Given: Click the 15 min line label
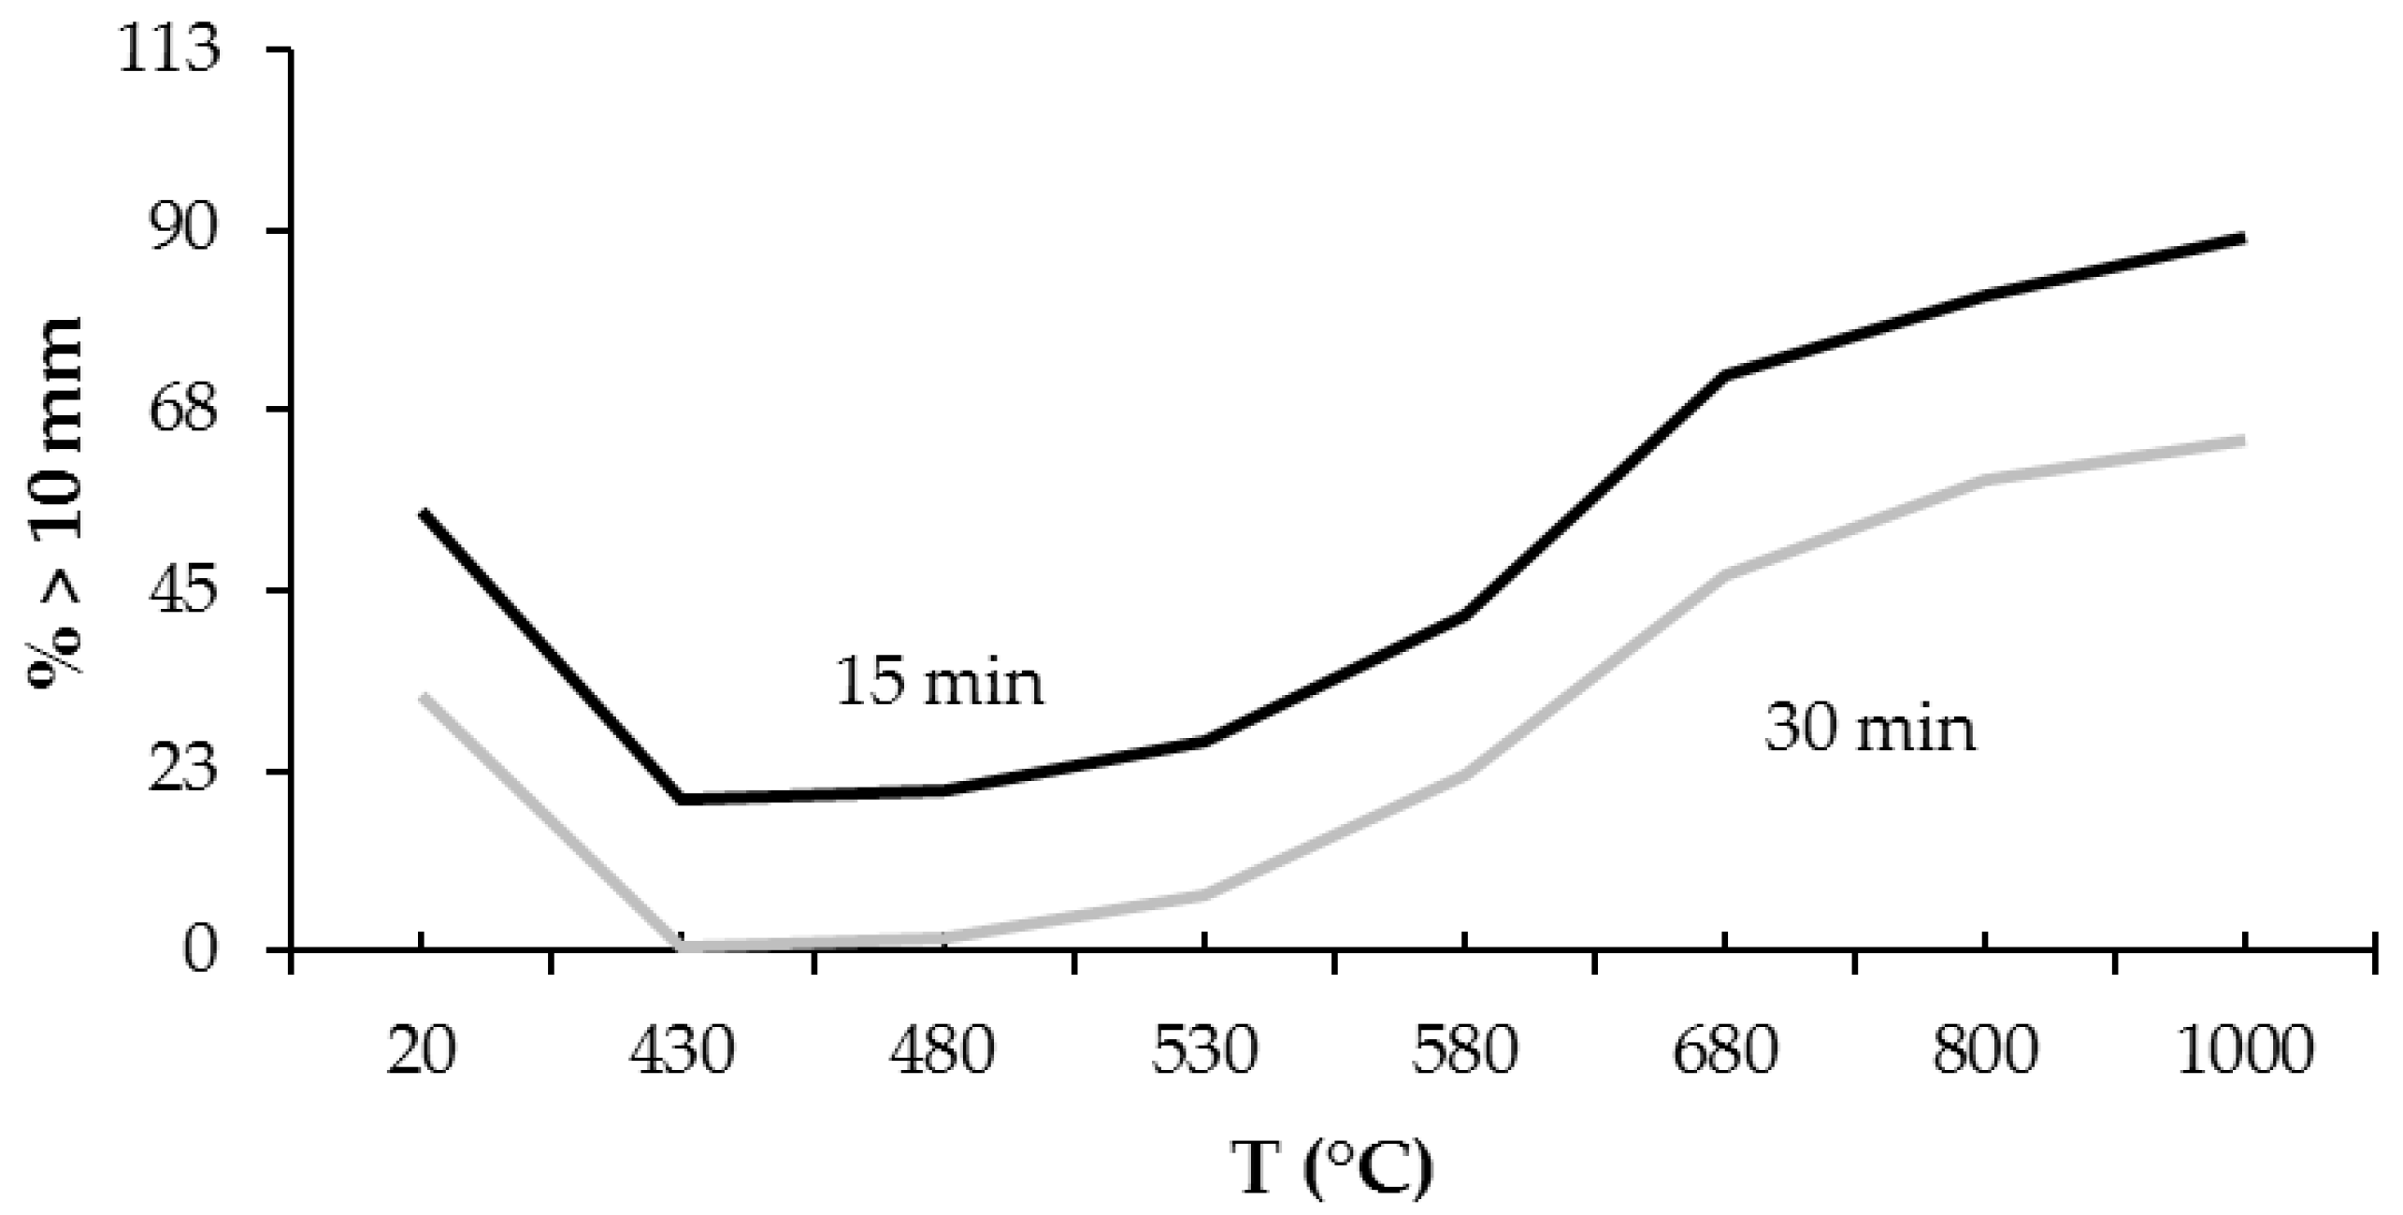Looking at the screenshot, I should click(939, 681).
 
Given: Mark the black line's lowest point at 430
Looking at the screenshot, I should click(683, 800).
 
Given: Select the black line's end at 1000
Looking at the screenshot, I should click(2242, 239).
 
